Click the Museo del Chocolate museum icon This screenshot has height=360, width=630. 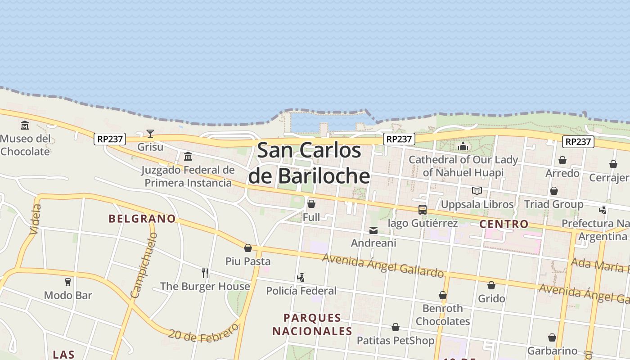point(25,125)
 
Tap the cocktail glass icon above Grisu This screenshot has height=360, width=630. point(150,133)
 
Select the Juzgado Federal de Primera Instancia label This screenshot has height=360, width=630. point(188,176)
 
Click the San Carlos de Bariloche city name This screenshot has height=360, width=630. point(309,162)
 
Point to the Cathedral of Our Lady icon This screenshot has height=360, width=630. point(463,146)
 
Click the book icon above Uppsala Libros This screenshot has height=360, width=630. point(477,191)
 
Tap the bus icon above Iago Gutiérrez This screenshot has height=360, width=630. point(422,210)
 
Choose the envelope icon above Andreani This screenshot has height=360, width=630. point(373,230)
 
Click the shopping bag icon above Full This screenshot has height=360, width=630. point(311,204)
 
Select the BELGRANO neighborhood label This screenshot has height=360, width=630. point(142,219)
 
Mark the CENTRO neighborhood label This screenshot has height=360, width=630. point(504,224)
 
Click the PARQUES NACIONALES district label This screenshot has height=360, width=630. point(312,324)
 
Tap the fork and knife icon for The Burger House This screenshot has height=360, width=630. point(205,273)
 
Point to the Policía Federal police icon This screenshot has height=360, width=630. point(301,277)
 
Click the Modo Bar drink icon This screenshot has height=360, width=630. point(68,282)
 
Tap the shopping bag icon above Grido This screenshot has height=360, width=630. point(491,285)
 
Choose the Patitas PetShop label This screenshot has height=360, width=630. point(396,341)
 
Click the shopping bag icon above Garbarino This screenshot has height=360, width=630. point(552,337)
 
